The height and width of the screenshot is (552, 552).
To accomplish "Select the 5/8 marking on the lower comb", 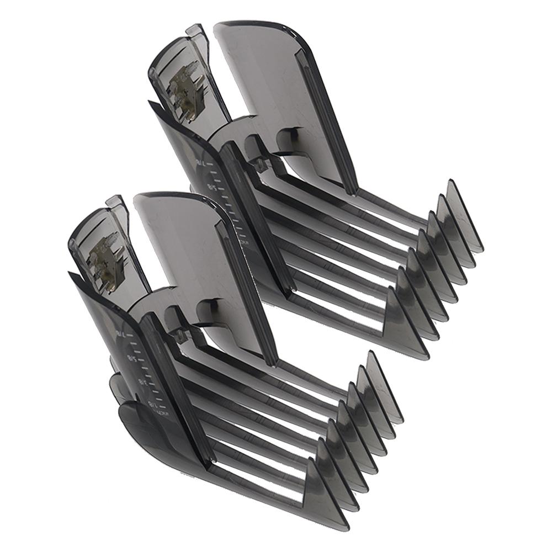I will click(131, 359).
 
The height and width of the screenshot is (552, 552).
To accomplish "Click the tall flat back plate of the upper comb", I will click(259, 83).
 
